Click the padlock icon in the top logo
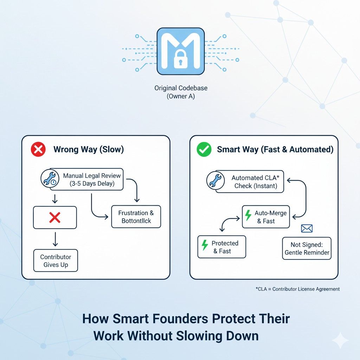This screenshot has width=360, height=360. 180,59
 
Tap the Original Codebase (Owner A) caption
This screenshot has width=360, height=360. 181,92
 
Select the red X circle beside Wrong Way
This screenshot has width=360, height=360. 38,149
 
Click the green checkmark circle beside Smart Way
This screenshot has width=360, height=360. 204,149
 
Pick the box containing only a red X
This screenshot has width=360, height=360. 54,218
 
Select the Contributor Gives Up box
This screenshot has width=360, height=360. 56,261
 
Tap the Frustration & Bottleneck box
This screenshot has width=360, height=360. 136,217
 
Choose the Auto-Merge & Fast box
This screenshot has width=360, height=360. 266,217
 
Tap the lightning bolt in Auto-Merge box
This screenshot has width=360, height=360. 248,215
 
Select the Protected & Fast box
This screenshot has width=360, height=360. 221,247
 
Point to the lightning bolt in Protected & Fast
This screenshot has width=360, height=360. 204,245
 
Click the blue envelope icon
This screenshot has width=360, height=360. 307,229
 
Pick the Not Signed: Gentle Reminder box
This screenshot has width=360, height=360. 307,248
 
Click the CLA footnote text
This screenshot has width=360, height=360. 297,289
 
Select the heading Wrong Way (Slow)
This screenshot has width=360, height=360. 89,149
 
